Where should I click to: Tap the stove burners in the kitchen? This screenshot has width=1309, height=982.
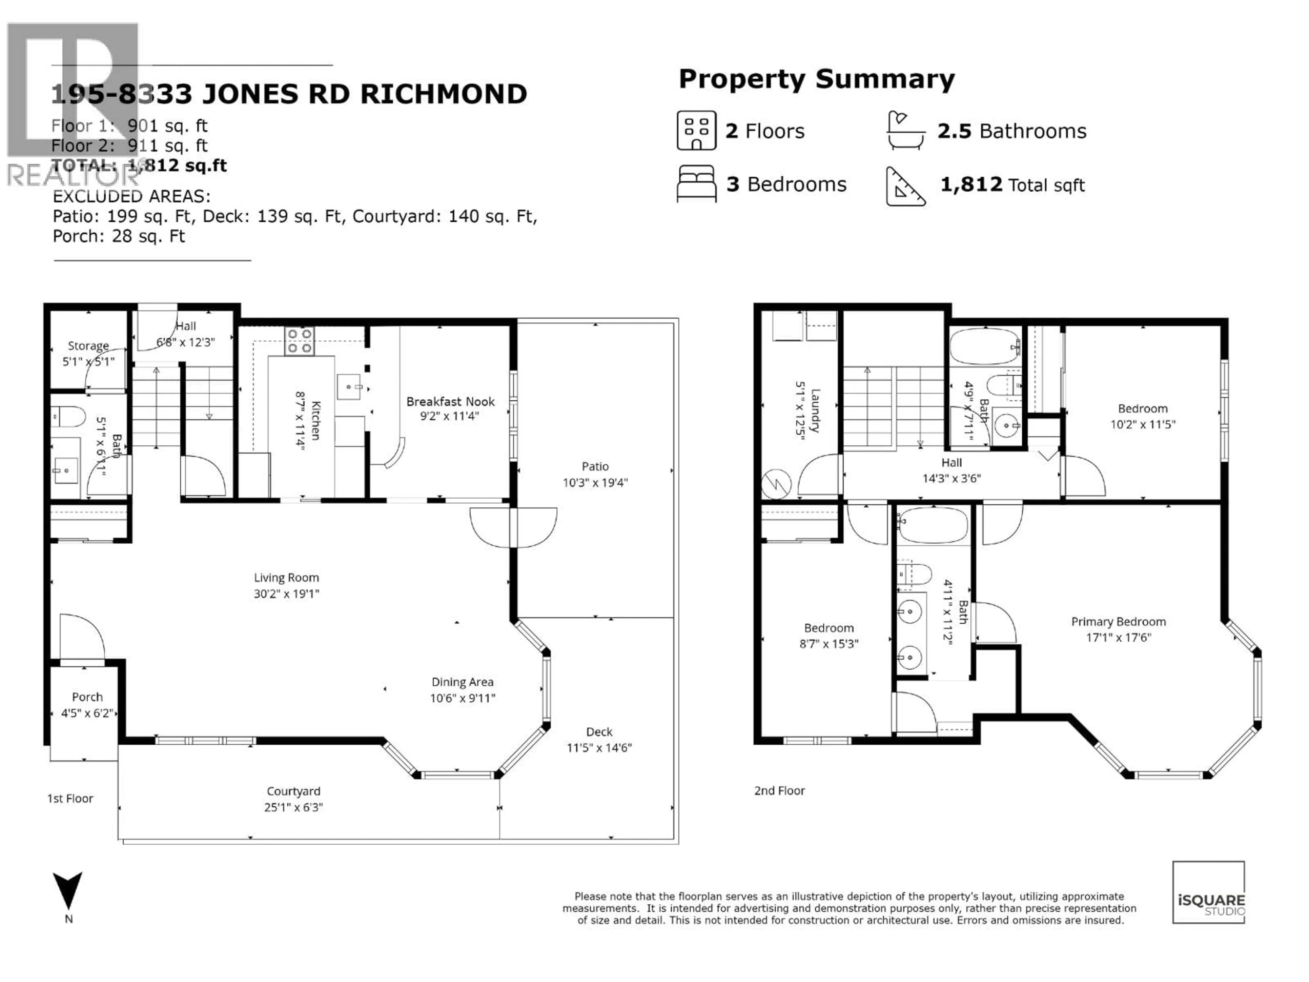tap(299, 341)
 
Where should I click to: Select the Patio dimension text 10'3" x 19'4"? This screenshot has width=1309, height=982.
tap(595, 482)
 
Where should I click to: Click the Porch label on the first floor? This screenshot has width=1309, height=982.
tap(87, 697)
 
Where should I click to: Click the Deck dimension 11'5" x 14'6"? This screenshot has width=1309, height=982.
tap(599, 748)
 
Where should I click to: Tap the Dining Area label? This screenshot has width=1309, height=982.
tap(462, 682)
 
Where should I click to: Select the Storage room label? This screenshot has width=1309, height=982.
tap(88, 346)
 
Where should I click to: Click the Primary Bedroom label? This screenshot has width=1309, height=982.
tap(1118, 622)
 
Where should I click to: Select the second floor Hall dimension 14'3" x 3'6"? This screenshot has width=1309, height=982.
tap(951, 478)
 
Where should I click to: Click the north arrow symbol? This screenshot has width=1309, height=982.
tap(68, 890)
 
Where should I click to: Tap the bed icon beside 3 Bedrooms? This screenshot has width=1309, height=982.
tap(696, 184)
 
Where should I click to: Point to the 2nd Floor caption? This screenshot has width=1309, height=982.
tap(779, 791)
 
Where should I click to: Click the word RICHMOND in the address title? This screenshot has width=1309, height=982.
tap(443, 94)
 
